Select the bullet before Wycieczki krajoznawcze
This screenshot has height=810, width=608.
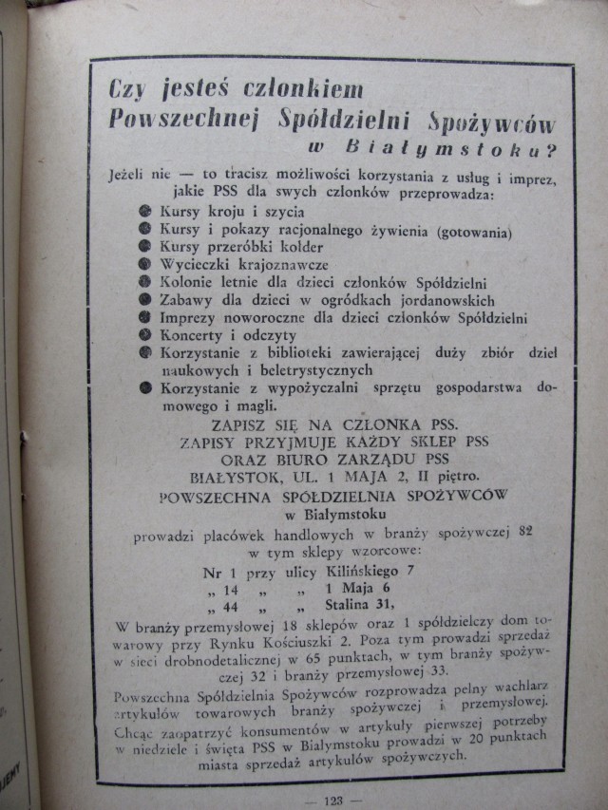[x=145, y=265]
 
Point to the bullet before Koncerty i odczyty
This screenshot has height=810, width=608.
[x=145, y=335]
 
